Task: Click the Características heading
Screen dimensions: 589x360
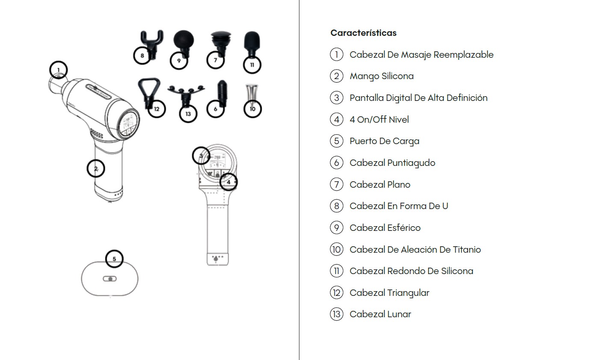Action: tap(364, 33)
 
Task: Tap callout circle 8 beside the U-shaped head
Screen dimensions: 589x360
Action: tap(142, 56)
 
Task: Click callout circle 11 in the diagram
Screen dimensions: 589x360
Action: tap(252, 65)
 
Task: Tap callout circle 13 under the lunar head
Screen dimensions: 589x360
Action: tap(188, 114)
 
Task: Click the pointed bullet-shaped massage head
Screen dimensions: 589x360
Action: tap(222, 93)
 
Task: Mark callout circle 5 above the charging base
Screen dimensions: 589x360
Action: tap(114, 259)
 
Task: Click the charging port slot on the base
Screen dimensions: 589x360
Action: tap(110, 279)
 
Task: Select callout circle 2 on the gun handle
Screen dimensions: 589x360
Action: tap(96, 168)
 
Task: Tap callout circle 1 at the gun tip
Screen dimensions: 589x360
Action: tap(58, 70)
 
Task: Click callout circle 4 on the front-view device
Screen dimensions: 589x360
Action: tap(228, 182)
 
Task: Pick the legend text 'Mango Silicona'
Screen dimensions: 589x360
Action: tap(382, 76)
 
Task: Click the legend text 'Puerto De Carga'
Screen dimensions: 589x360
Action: tap(385, 141)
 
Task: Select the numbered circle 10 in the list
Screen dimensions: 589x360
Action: tap(337, 249)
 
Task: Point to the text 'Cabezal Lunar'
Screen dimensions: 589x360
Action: tap(380, 314)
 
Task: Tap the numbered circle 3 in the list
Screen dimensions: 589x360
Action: tap(337, 98)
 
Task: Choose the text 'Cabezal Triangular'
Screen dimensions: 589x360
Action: tap(389, 293)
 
